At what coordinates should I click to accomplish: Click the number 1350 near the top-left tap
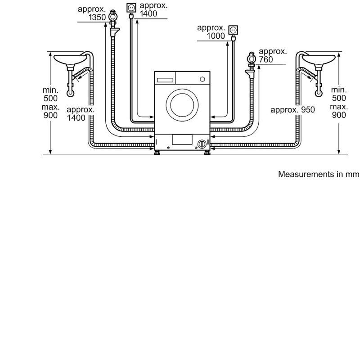[97, 18]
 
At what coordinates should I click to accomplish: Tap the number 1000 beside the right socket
[216, 36]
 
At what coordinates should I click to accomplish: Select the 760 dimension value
[266, 60]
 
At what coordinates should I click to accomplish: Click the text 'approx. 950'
[292, 110]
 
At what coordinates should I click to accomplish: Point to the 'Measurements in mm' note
[319, 174]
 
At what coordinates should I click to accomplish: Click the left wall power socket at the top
[131, 8]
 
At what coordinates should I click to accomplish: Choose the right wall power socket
[233, 30]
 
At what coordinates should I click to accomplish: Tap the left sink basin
[70, 59]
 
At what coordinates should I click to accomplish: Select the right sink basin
[319, 59]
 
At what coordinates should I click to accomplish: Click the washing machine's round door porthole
[182, 105]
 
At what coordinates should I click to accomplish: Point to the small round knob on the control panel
[202, 79]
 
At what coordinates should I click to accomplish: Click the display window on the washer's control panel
[165, 80]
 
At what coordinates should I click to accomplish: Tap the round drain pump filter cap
[202, 144]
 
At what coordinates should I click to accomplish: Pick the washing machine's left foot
[157, 153]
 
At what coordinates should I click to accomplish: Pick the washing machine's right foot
[207, 153]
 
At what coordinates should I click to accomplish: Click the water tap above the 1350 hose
[113, 17]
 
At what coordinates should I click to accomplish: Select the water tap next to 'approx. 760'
[252, 58]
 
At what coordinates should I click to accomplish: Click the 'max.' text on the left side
[50, 107]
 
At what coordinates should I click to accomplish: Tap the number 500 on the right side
[339, 98]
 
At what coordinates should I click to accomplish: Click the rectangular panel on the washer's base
[182, 139]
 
